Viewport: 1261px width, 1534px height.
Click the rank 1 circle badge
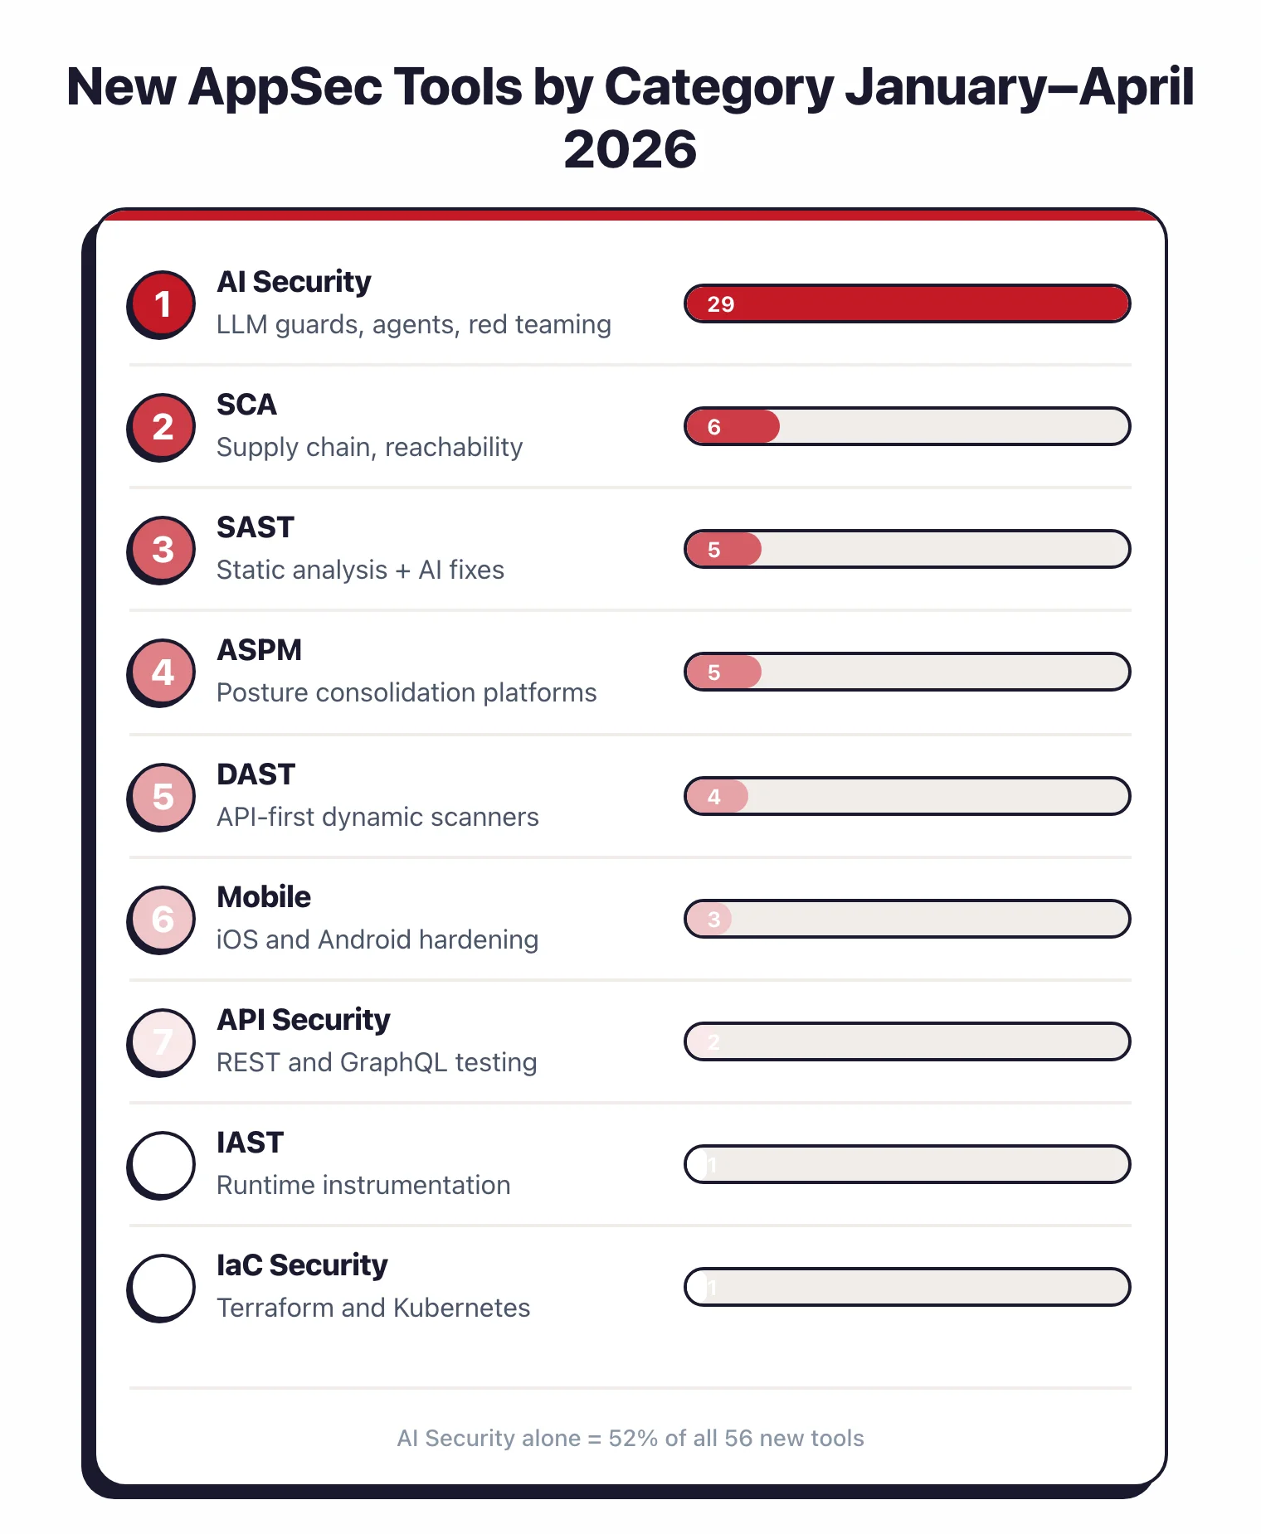[x=163, y=303]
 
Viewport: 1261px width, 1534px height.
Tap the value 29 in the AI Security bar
[x=720, y=304]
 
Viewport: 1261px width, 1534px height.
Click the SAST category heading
[x=256, y=527]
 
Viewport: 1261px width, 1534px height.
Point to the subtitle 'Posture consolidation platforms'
[x=407, y=692]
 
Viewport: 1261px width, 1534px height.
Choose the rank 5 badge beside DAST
[x=163, y=796]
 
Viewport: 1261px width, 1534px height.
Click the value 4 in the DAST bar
[x=713, y=797]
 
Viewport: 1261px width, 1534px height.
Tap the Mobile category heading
[x=264, y=897]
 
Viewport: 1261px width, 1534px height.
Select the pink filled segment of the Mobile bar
[x=710, y=919]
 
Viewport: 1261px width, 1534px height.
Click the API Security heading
[x=303, y=1020]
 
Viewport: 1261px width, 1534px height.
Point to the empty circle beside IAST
[x=163, y=1164]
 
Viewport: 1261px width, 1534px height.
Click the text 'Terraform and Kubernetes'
[x=373, y=1308]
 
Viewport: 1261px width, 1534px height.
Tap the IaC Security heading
[x=302, y=1265]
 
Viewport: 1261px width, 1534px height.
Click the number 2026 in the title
[x=630, y=150]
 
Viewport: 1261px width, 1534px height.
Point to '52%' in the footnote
[x=632, y=1438]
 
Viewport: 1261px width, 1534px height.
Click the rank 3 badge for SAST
[x=163, y=549]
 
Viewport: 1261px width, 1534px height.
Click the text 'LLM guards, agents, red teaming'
[x=413, y=324]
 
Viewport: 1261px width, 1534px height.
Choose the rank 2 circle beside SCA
[x=163, y=426]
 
